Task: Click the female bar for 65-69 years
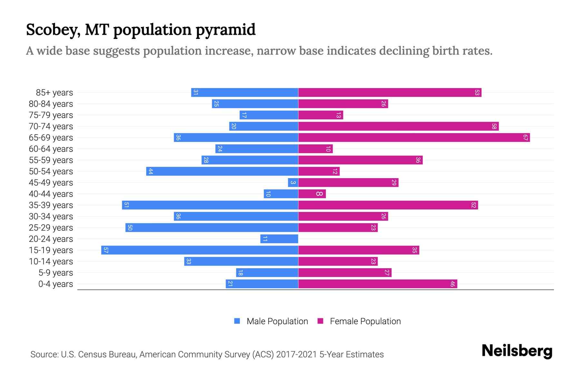click(414, 138)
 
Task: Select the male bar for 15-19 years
click(199, 250)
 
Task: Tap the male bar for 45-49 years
click(293, 183)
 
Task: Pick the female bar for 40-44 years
click(312, 194)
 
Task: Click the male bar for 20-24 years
click(279, 239)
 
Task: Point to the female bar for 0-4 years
click(377, 284)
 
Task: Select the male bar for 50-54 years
click(222, 171)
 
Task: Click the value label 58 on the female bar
click(494, 126)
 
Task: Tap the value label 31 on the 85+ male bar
click(196, 93)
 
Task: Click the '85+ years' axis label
click(54, 93)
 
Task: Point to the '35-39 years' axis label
click(51, 205)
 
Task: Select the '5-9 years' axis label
click(55, 273)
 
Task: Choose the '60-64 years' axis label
click(51, 149)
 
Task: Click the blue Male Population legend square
click(237, 321)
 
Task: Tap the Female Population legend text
click(365, 321)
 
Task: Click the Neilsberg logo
click(517, 351)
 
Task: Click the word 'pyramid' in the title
click(225, 30)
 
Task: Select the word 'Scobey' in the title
click(53, 30)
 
